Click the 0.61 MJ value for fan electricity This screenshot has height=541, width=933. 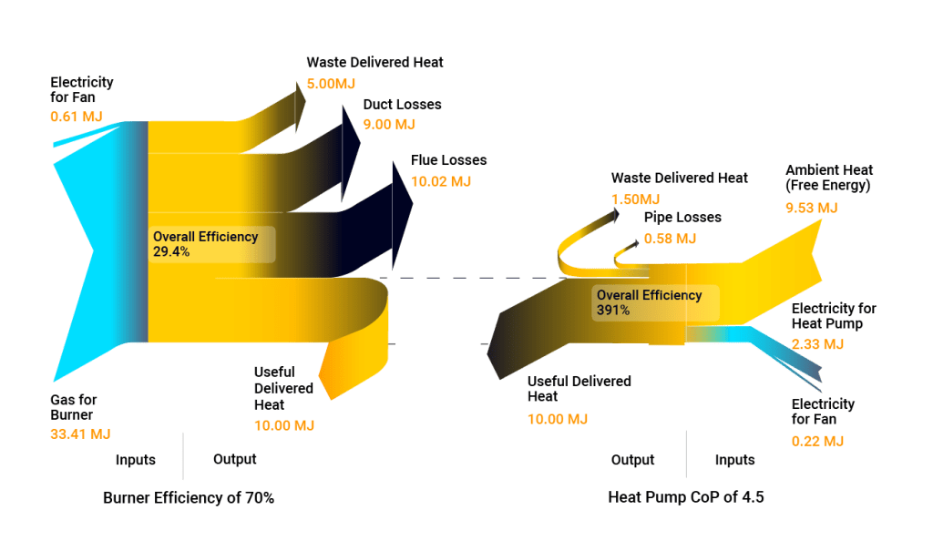point(76,116)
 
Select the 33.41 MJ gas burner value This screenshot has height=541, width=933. point(80,433)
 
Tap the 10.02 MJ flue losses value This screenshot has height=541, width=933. point(441,181)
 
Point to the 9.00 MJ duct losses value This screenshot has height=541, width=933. point(389,124)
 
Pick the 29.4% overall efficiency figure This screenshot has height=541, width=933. point(171,252)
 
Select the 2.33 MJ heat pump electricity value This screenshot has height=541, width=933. point(817,344)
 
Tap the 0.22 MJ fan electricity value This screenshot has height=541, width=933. point(817,440)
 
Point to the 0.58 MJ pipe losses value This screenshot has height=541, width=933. point(670,239)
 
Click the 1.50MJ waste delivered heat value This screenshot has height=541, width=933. point(635,199)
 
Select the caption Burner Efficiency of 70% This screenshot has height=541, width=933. point(189,498)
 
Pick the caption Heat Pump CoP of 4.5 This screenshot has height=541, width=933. point(686,498)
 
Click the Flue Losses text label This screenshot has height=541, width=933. point(448,160)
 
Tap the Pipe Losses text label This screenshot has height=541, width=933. point(682,218)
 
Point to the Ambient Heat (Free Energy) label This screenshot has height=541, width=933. point(829,178)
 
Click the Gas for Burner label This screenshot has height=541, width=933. point(74,407)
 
